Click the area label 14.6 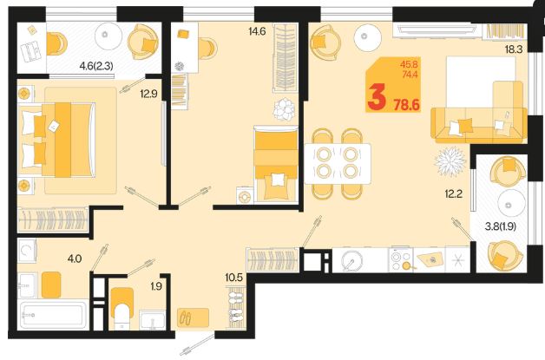pyautogui.click(x=257, y=31)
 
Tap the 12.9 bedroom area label pyautogui.click(x=148, y=94)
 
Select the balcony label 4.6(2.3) pyautogui.click(x=96, y=66)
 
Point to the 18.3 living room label pyautogui.click(x=514, y=49)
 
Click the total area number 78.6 pyautogui.click(x=407, y=104)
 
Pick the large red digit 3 pyautogui.click(x=378, y=98)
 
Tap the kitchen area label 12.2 pyautogui.click(x=454, y=194)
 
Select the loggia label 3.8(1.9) pyautogui.click(x=501, y=226)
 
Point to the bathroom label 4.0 pyautogui.click(x=75, y=259)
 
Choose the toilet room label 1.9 pyautogui.click(x=156, y=286)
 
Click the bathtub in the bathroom pyautogui.click(x=53, y=315)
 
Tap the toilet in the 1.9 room pyautogui.click(x=122, y=309)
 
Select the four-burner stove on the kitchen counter pyautogui.click(x=400, y=259)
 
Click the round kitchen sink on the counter pyautogui.click(x=351, y=260)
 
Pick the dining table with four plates pyautogui.click(x=338, y=164)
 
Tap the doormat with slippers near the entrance pyautogui.click(x=194, y=317)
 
